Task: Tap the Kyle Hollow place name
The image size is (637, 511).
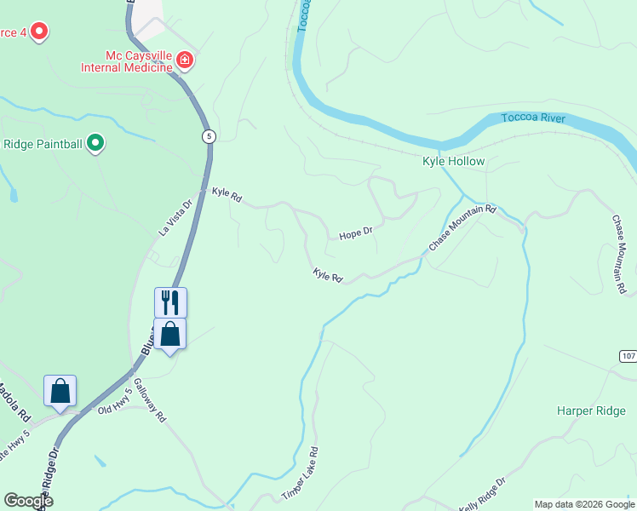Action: click(454, 161)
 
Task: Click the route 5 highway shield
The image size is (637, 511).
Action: click(208, 136)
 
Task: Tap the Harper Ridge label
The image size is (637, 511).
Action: click(591, 411)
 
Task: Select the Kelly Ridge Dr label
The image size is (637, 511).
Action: click(482, 495)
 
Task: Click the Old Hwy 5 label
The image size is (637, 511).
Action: click(116, 401)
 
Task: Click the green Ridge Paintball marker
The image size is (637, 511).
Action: click(96, 144)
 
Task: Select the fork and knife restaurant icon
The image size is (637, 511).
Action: click(170, 302)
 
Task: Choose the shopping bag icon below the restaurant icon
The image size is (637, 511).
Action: click(170, 334)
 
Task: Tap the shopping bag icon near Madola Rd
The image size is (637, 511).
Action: click(60, 391)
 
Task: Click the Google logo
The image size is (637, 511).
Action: click(28, 501)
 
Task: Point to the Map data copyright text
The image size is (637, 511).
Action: click(583, 504)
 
